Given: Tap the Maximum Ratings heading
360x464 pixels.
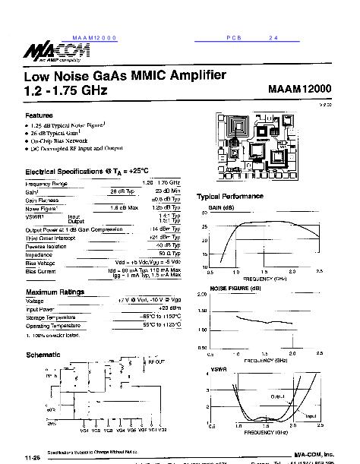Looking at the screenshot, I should tap(55, 292).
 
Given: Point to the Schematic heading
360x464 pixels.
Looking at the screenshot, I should tap(43, 355).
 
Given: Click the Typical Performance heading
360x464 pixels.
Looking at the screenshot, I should tap(229, 196).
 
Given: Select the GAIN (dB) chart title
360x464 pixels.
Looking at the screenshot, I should tap(222, 207).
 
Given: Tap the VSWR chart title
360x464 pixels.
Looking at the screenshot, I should tap(217, 370).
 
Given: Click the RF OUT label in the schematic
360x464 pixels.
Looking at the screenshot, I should tap(156, 361).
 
